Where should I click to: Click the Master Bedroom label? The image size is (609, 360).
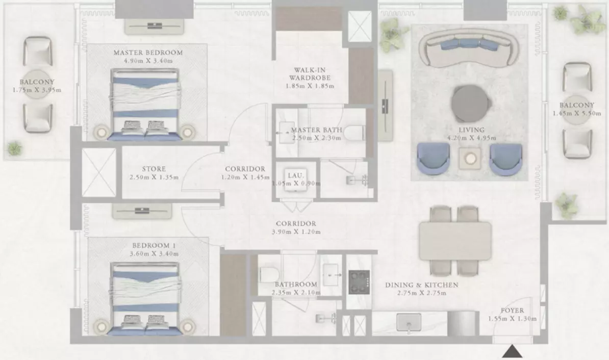(x=148, y=53)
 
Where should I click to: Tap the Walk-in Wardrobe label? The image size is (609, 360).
(x=310, y=74)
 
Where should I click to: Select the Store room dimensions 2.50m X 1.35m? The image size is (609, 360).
(x=154, y=177)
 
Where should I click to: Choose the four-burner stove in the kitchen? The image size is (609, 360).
(x=359, y=282)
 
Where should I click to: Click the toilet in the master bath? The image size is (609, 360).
(x=354, y=133)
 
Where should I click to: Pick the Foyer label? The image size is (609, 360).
(x=512, y=311)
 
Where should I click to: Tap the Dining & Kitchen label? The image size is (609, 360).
(x=422, y=285)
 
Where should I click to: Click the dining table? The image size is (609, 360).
(x=455, y=241)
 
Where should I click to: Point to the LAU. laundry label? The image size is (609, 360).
(x=295, y=175)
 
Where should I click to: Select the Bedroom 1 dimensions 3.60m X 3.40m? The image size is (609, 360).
(x=154, y=253)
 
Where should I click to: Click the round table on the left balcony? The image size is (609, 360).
(x=37, y=84)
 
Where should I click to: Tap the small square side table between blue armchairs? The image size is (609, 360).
(x=470, y=158)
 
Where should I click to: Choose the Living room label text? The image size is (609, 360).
(x=471, y=130)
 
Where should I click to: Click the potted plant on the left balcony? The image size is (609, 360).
(x=15, y=148)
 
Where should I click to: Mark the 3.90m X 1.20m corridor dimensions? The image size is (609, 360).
(x=296, y=232)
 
